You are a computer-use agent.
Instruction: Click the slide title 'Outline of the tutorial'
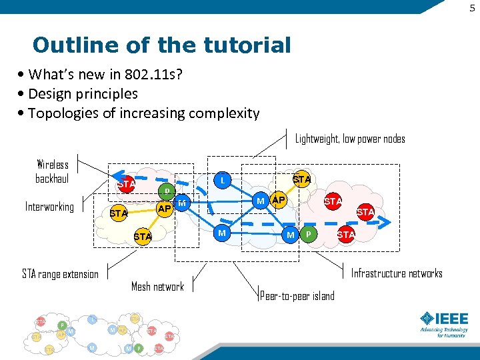(x=161, y=45)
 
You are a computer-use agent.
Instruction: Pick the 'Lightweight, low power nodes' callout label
(x=350, y=139)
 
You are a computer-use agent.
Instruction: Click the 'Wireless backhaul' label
(x=52, y=171)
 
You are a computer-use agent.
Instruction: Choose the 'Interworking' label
(x=49, y=207)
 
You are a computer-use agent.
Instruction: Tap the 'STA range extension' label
(x=60, y=274)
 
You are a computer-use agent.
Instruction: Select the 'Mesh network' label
(x=157, y=287)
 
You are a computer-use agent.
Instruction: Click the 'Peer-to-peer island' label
(x=297, y=296)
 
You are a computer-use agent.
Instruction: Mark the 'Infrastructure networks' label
(x=397, y=273)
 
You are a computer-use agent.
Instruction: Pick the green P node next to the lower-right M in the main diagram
(x=308, y=235)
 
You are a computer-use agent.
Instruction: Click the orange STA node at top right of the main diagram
(x=302, y=179)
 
